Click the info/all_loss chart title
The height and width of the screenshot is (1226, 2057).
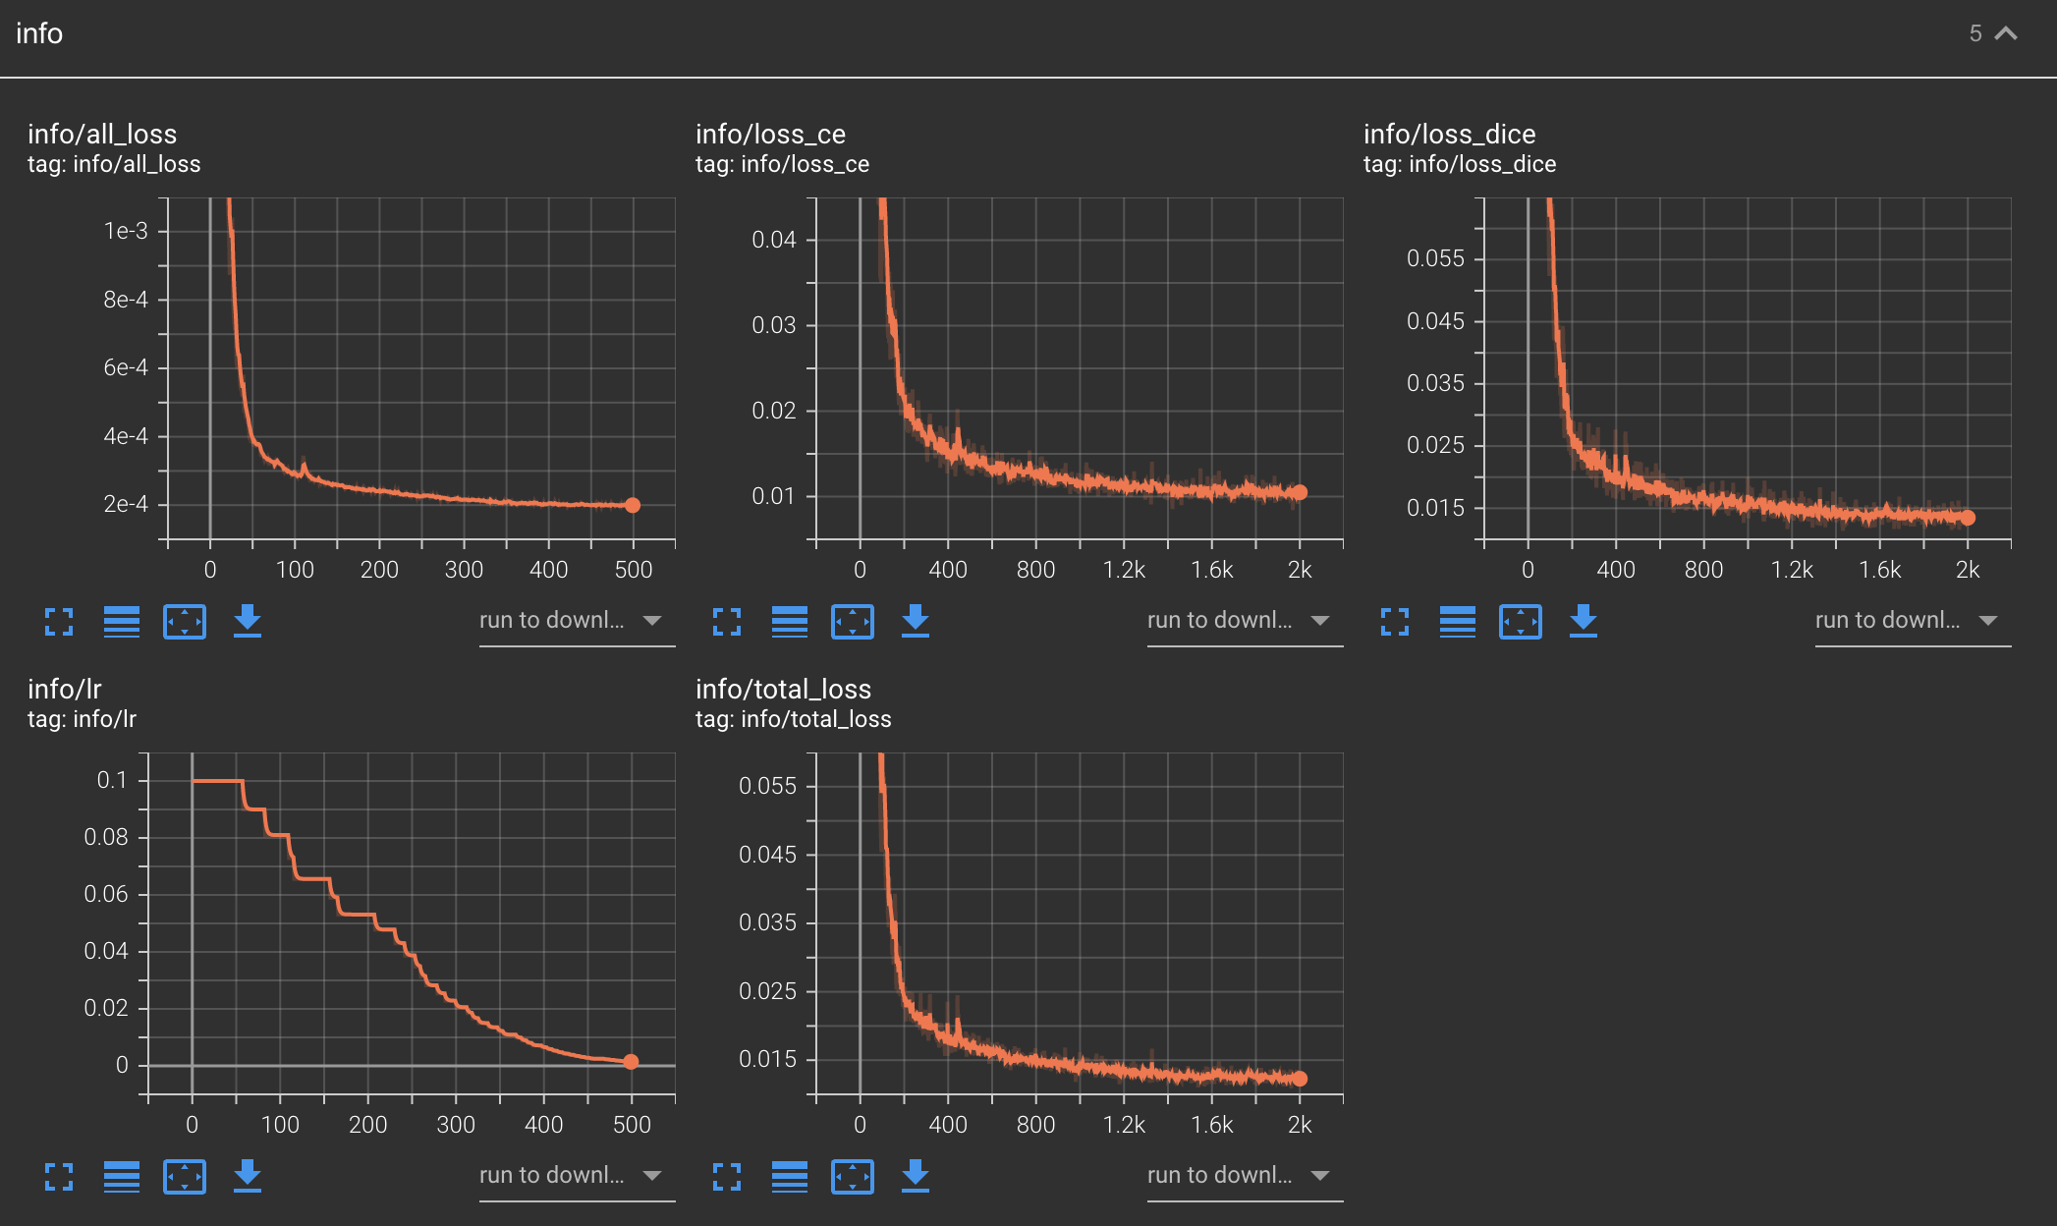tap(102, 134)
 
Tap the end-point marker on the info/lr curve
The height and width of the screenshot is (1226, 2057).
tap(631, 1062)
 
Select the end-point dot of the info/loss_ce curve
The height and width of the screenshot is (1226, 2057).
tap(1300, 492)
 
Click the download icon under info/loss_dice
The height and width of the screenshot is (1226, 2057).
tap(1583, 621)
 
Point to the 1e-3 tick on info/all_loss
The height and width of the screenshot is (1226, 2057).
tap(126, 231)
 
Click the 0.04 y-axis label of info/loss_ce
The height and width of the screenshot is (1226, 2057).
tap(773, 240)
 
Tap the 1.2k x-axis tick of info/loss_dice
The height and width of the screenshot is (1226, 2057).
tap(1792, 570)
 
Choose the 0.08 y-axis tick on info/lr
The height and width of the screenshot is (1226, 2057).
tap(106, 837)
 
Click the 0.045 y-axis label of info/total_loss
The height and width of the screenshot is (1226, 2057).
tap(767, 855)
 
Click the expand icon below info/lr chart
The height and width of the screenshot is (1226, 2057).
tap(59, 1176)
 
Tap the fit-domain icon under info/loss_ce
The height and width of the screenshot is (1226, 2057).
tap(852, 622)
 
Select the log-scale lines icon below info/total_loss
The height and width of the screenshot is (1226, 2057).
tap(790, 1176)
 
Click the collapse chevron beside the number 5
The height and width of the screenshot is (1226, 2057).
tap(2007, 33)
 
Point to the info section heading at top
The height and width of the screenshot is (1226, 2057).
tap(39, 33)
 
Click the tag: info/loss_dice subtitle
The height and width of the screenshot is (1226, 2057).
tap(1460, 164)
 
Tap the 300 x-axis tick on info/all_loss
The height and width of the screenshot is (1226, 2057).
tap(464, 570)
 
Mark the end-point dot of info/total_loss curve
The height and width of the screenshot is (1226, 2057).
tap(1300, 1079)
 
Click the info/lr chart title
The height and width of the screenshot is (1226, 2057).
tap(65, 689)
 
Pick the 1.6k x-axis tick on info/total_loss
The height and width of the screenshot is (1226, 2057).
tap(1211, 1125)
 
